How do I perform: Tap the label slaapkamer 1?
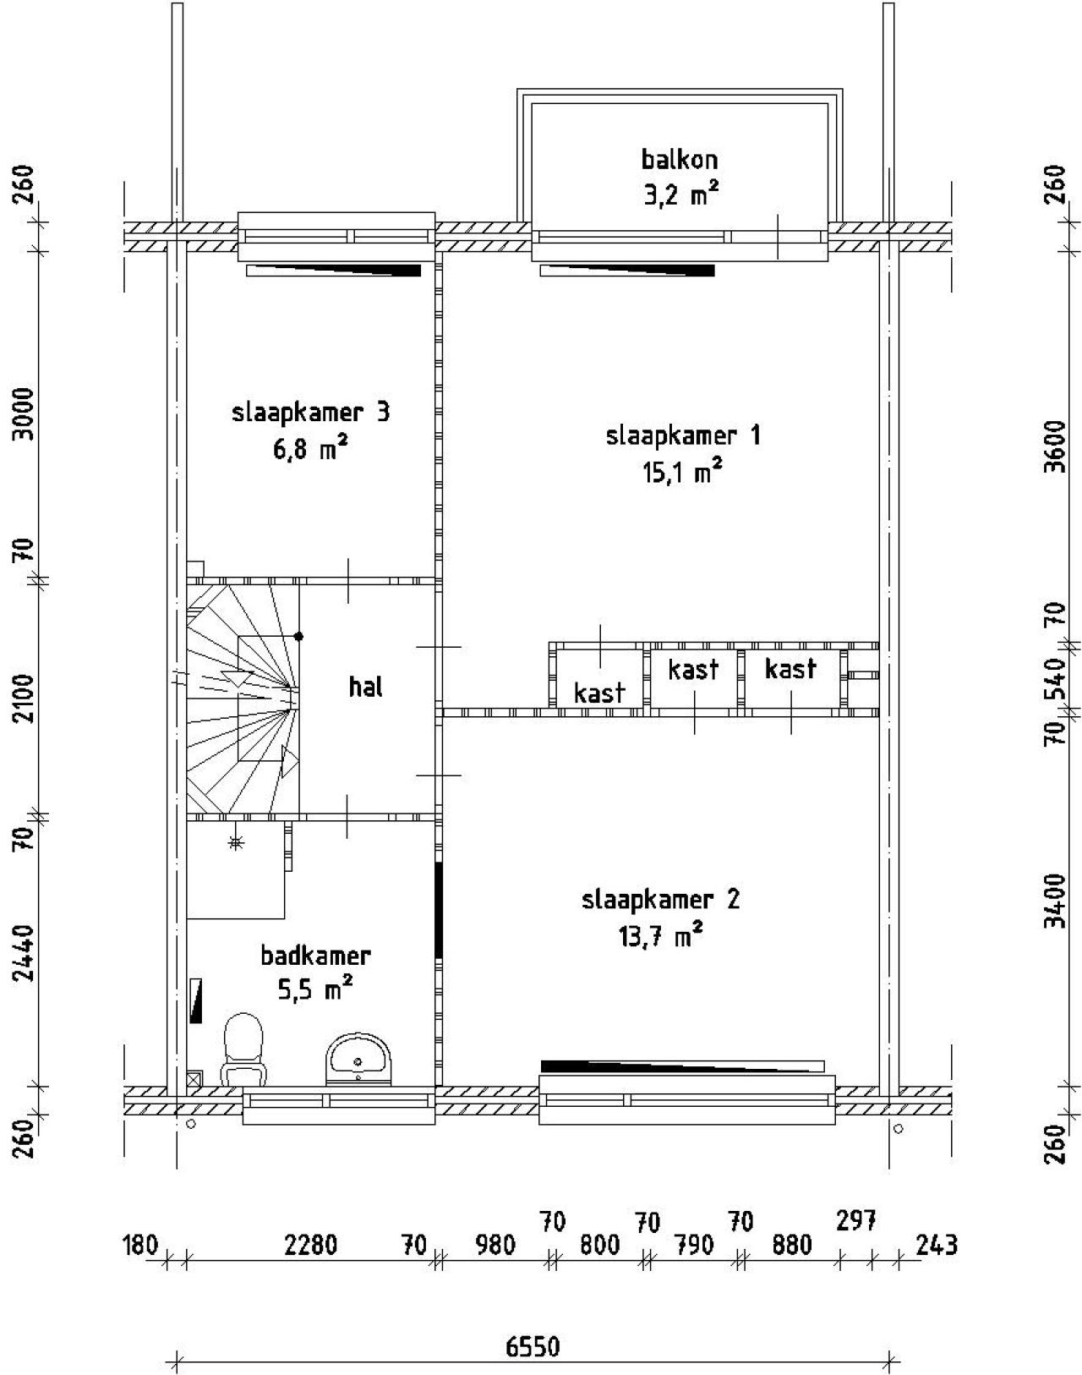tap(683, 436)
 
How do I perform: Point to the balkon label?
tap(680, 159)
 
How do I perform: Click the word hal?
tap(365, 687)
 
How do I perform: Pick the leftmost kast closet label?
tap(599, 693)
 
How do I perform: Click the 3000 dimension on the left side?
tap(25, 414)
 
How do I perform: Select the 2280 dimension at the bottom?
tap(310, 1246)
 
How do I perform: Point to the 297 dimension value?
tap(855, 1220)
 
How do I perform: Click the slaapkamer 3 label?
tap(310, 413)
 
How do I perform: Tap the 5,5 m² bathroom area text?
tap(314, 989)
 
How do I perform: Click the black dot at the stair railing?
tap(298, 636)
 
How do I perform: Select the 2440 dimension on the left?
tap(25, 952)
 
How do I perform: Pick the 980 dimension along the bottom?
tap(495, 1246)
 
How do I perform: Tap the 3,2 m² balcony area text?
tap(681, 194)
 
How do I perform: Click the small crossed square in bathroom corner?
tap(194, 1079)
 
